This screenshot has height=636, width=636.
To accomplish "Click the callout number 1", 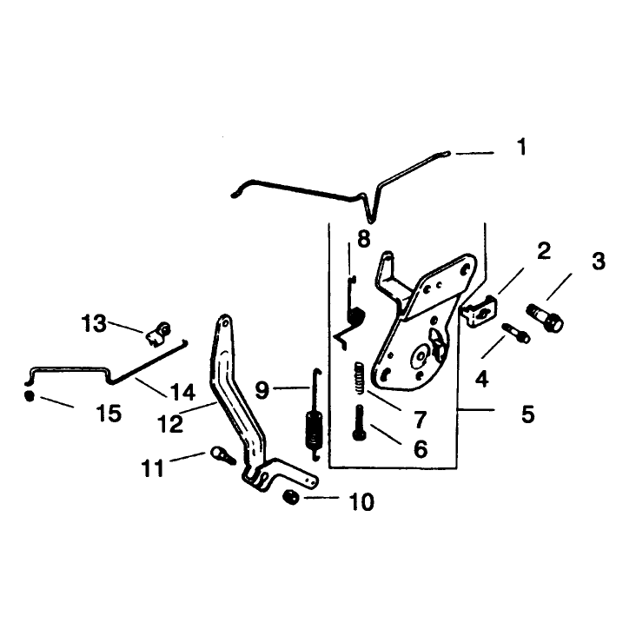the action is [521, 147].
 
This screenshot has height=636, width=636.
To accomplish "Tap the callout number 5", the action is [528, 414].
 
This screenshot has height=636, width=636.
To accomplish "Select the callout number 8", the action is [364, 238].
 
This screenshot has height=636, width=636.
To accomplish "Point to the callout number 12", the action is [170, 424].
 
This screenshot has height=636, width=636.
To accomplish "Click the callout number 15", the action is [109, 414].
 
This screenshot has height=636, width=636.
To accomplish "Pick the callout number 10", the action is [361, 502].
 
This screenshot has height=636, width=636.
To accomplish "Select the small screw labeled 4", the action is [516, 333].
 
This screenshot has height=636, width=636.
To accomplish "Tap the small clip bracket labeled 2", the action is [480, 311].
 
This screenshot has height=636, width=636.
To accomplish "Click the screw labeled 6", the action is [360, 423].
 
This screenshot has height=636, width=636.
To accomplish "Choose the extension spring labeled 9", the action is [315, 414].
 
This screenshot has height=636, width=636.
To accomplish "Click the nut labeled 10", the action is [291, 497].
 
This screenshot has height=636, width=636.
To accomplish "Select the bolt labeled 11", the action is [222, 455].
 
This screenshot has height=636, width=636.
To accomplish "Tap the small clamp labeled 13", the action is [159, 334].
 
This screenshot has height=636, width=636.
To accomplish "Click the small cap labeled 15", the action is [30, 396].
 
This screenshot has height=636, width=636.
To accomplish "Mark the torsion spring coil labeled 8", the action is [356, 316].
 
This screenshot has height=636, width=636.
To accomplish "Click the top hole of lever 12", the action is [223, 322].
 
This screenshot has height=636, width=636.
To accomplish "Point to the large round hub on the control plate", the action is [421, 355].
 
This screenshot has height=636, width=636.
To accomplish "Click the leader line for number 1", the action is [474, 153].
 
